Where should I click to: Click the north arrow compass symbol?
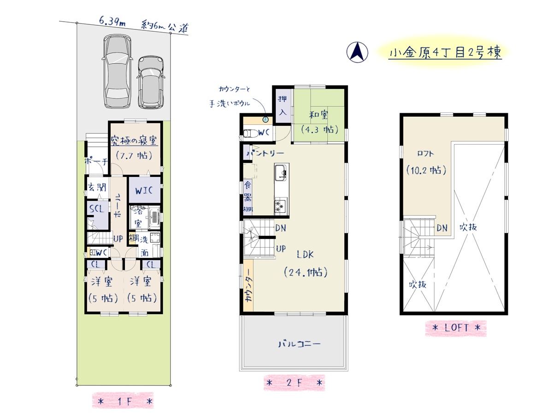click(x=357, y=52)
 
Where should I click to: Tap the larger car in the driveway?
click(x=118, y=71)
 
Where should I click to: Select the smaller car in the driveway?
click(x=151, y=82)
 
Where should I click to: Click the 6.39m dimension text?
click(x=112, y=21)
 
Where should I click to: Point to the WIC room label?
click(x=144, y=191)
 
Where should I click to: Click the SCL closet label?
click(x=97, y=209)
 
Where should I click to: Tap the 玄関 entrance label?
click(x=97, y=187)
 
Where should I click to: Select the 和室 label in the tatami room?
click(x=318, y=115)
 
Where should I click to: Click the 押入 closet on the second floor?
click(x=282, y=105)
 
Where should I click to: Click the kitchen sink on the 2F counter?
click(x=281, y=172)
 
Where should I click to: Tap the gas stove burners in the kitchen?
click(x=281, y=206)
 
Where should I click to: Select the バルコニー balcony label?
click(x=299, y=344)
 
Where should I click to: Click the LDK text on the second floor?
click(x=305, y=255)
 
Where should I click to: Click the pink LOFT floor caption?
click(x=456, y=328)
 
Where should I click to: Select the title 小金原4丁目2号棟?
click(x=445, y=53)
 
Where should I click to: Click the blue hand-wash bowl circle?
click(x=265, y=120)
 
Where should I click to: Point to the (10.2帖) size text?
click(x=426, y=171)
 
